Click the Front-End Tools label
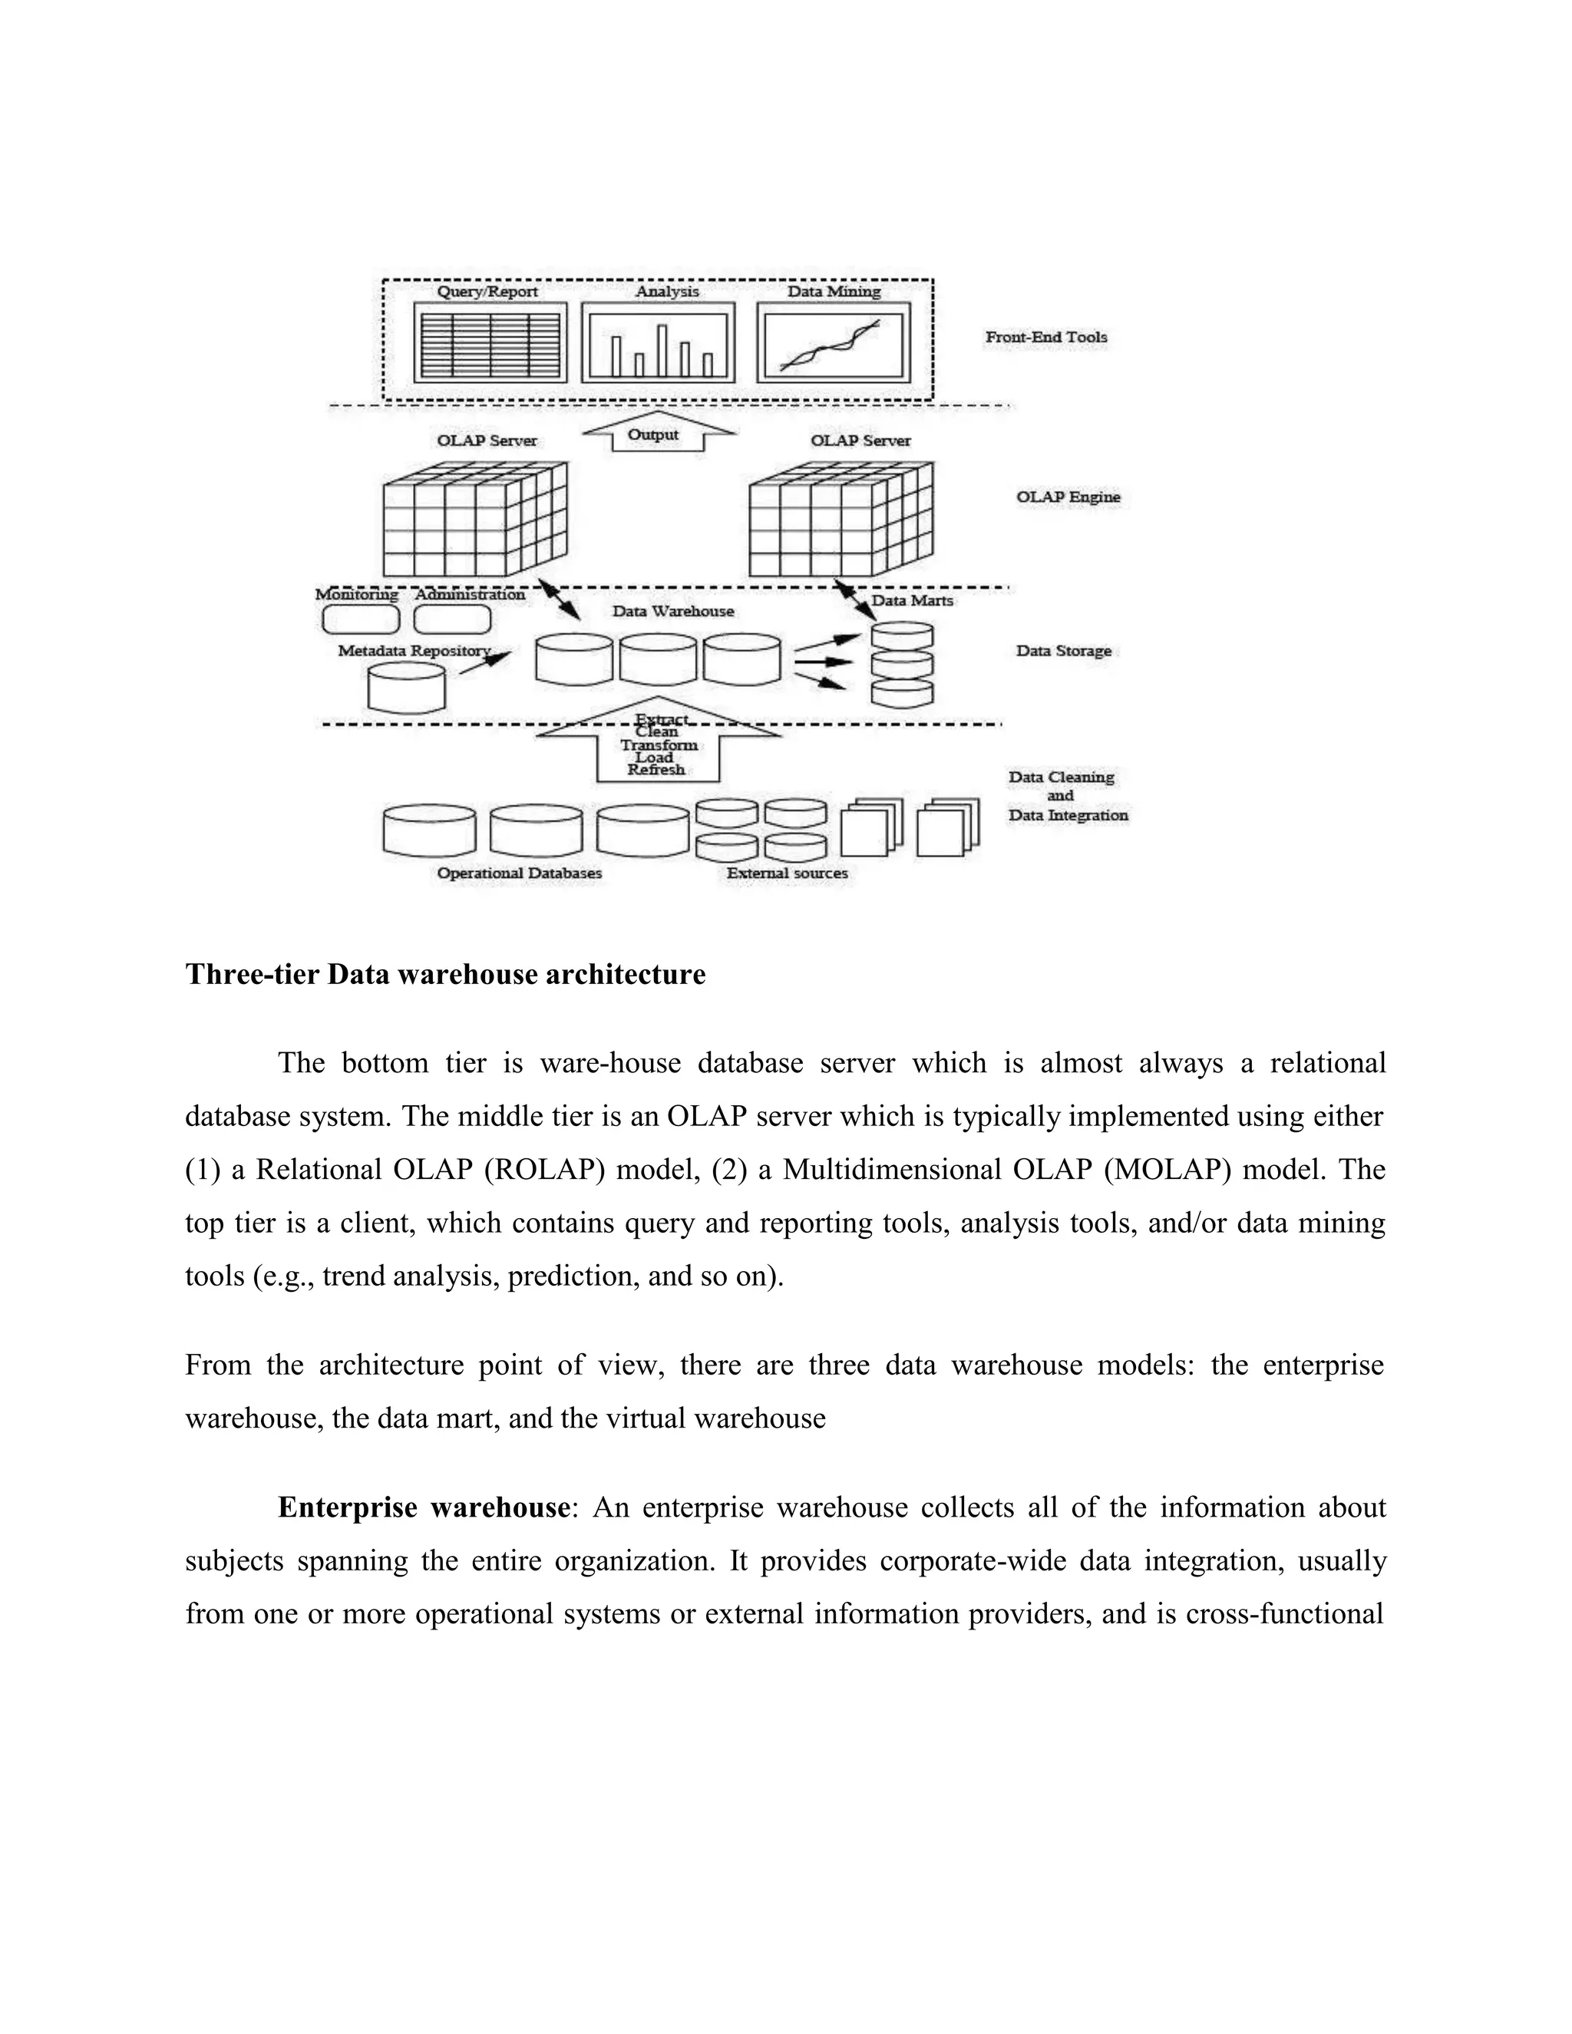[1046, 337]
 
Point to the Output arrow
[656, 433]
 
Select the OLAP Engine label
[1067, 497]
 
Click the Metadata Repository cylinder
[406, 687]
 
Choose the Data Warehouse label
[672, 611]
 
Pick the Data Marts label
[912, 601]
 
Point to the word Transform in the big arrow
[659, 745]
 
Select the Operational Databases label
[519, 873]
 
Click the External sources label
[787, 873]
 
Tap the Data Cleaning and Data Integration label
[1067, 795]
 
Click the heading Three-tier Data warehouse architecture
[445, 974]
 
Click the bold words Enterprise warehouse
[423, 1507]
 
